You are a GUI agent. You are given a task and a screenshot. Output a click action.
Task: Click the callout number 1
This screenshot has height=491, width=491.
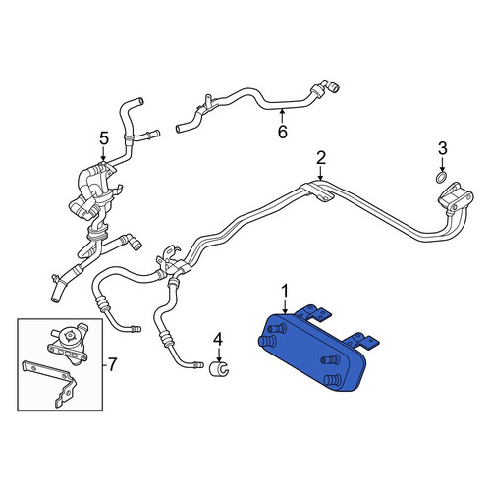pyautogui.click(x=286, y=292)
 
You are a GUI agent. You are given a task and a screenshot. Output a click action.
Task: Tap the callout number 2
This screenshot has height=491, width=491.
pyautogui.click(x=321, y=158)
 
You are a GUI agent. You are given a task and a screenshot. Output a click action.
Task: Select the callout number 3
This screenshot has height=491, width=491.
pyautogui.click(x=442, y=149)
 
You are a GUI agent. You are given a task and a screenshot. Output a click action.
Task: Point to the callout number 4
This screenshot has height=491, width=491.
pyautogui.click(x=218, y=340)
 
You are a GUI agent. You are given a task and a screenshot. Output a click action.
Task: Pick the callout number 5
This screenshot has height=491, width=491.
pyautogui.click(x=103, y=138)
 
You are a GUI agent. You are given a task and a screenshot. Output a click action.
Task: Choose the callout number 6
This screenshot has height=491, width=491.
pyautogui.click(x=283, y=132)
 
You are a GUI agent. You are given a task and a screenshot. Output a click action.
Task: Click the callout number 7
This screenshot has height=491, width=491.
pyautogui.click(x=112, y=365)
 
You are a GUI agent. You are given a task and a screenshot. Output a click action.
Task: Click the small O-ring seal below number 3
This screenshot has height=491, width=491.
pyautogui.click(x=442, y=178)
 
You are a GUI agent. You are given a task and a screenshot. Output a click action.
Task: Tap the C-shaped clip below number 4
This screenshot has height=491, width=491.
pyautogui.click(x=219, y=369)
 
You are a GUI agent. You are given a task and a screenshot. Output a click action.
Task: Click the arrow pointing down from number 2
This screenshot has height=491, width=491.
pyautogui.click(x=321, y=173)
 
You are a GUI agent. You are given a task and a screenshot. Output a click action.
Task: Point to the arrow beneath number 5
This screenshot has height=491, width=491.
pyautogui.click(x=103, y=154)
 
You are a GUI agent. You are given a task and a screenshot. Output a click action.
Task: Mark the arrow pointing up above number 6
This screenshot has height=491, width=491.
pyautogui.click(x=282, y=116)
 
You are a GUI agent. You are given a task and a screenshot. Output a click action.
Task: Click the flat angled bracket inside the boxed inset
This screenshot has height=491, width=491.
pyautogui.click(x=49, y=384)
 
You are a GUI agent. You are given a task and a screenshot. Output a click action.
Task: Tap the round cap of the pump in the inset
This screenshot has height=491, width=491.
pyautogui.click(x=69, y=336)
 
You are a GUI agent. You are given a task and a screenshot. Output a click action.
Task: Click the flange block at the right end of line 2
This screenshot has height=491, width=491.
pyautogui.click(x=455, y=197)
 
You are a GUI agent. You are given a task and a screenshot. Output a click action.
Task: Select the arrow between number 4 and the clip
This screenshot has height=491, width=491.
pyautogui.click(x=219, y=355)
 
